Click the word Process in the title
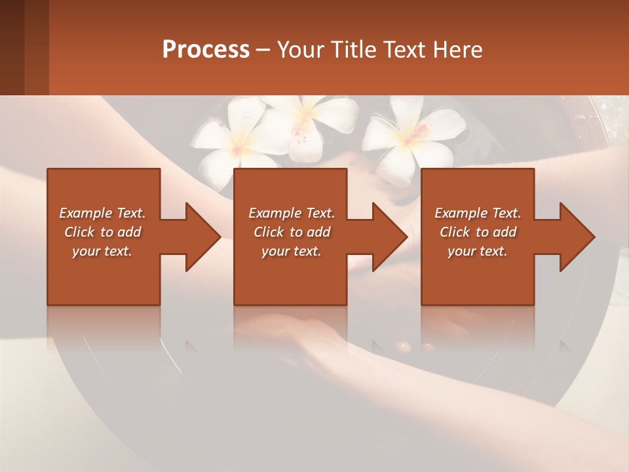pos(206,50)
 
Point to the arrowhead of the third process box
pos(576,237)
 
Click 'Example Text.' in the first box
pos(103,213)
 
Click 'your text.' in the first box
pos(103,251)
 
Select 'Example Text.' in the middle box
pos(292,213)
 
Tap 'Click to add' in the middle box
pos(292,232)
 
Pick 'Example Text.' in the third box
pos(478,213)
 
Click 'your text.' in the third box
pos(478,251)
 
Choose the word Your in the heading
pos(298,50)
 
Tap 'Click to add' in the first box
pos(103,232)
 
